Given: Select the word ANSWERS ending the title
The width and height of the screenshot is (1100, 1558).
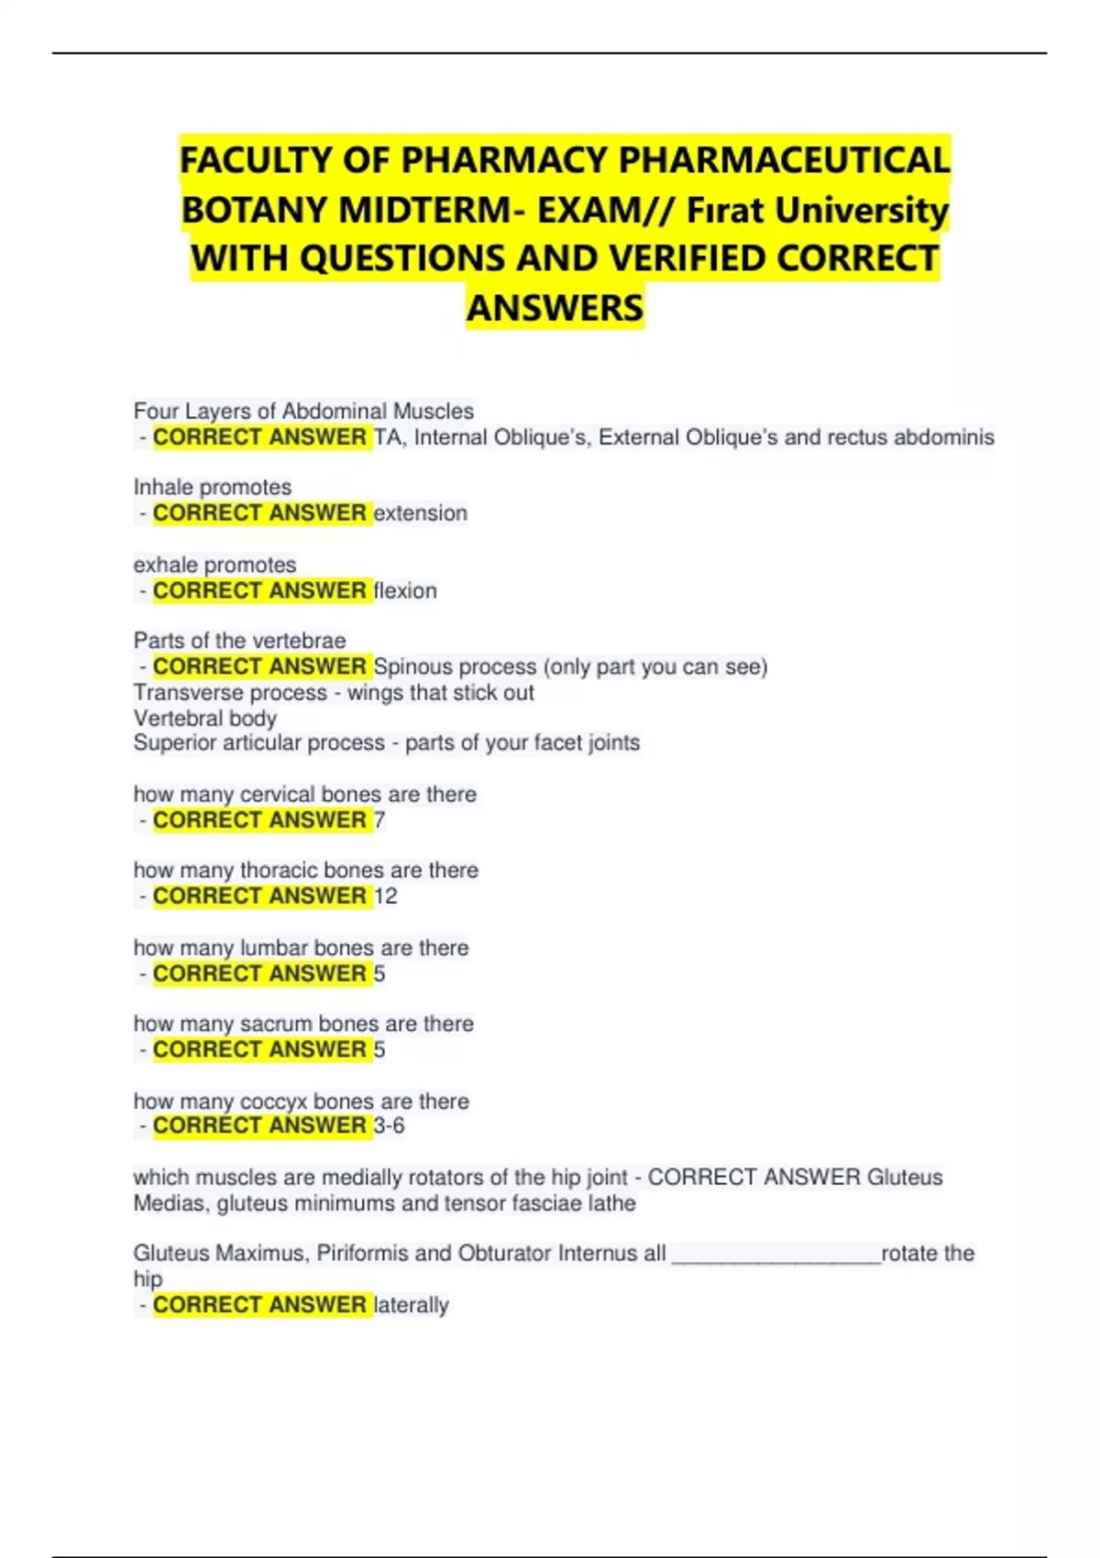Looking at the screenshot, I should click(555, 308).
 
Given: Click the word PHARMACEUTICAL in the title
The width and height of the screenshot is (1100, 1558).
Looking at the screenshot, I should click(785, 160).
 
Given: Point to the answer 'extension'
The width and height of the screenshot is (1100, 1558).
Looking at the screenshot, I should click(421, 513).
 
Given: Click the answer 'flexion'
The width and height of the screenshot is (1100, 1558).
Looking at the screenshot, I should click(405, 591).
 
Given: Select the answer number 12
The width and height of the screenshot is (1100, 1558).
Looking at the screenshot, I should click(386, 896).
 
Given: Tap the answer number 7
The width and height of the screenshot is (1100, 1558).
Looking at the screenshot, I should click(379, 820).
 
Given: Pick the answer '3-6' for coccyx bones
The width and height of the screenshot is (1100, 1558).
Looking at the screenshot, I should click(390, 1125).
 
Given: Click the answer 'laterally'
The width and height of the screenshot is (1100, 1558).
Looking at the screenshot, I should click(412, 1305).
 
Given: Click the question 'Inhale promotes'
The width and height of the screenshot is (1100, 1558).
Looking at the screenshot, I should click(213, 488).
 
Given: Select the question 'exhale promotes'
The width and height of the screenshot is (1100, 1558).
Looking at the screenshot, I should click(215, 565).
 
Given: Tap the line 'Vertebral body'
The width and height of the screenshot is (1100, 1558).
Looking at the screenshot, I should click(205, 719).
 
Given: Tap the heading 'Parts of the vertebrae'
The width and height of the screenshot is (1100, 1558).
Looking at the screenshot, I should click(240, 641).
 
